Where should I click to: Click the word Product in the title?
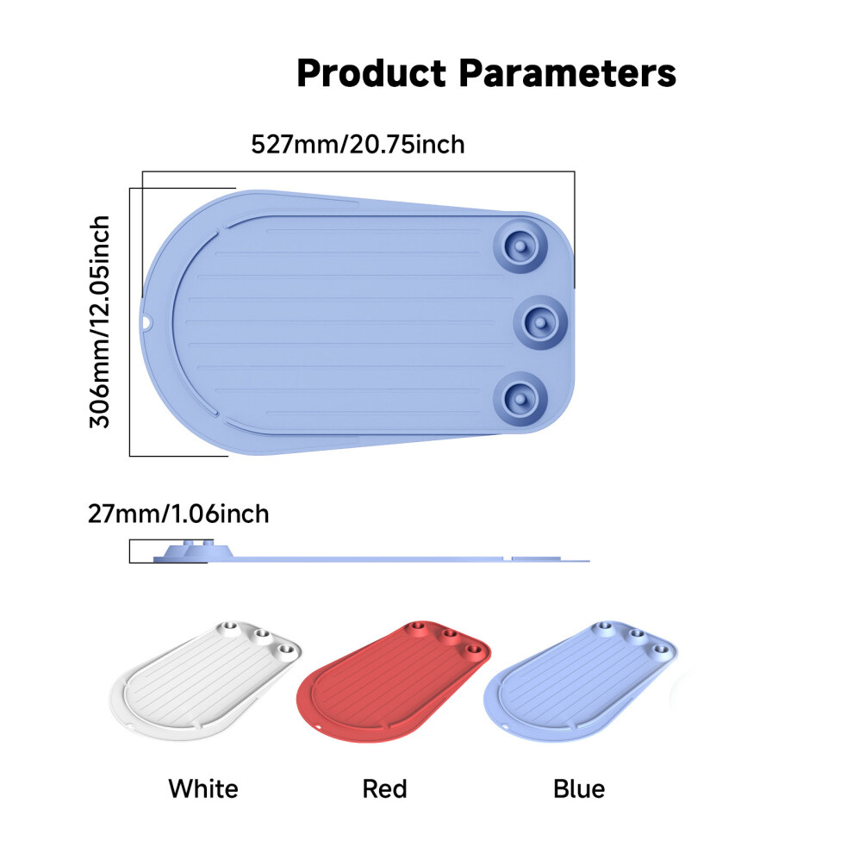[x=371, y=73]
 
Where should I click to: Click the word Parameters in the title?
[x=568, y=73]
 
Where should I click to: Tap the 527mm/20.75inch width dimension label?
[x=358, y=145]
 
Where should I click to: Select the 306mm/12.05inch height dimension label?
[x=100, y=322]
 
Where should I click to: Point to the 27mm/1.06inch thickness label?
[x=178, y=514]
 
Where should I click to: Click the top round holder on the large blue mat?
[x=520, y=246]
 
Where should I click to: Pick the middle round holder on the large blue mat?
[x=540, y=322]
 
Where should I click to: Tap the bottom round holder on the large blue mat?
[x=520, y=400]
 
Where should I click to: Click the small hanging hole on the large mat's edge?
[x=146, y=323]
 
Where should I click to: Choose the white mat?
[x=206, y=680]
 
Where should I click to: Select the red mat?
[x=393, y=681]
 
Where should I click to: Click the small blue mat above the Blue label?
[x=581, y=681]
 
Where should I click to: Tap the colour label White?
[x=203, y=788]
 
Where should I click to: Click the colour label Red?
[x=384, y=788]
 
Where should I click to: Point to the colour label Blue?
[x=579, y=788]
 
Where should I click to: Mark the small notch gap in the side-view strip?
[x=507, y=558]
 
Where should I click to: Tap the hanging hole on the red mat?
[x=317, y=727]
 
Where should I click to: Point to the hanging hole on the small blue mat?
[x=504, y=727]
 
